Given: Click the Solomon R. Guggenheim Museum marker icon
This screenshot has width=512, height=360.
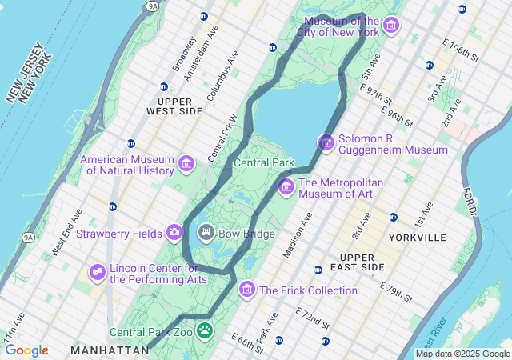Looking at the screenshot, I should point(326,142).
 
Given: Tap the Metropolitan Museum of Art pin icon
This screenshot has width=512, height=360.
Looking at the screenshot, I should point(286,187).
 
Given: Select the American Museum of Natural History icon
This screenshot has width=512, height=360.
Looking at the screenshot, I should point(186,164).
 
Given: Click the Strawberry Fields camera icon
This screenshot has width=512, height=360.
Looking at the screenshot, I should point(174,233).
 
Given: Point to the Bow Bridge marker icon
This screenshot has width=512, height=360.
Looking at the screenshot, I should point(206,233).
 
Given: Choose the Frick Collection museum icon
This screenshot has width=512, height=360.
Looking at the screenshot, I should point(247,289).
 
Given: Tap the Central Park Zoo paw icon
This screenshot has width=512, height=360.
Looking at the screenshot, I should point(206,330).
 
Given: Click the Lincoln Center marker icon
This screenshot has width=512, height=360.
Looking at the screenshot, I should point(98,272).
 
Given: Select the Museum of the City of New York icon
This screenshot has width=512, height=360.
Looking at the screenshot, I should point(391,26).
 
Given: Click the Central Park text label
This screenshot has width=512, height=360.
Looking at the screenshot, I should point(264,162).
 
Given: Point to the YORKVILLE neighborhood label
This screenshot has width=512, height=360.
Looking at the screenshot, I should point(417,238).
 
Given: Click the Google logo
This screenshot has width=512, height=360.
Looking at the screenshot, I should point(26,350).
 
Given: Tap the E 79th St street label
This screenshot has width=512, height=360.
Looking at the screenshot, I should point(397,292).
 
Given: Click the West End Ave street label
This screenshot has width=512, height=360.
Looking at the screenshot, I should point(66,232).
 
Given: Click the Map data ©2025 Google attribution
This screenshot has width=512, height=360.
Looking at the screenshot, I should point(462,354).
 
